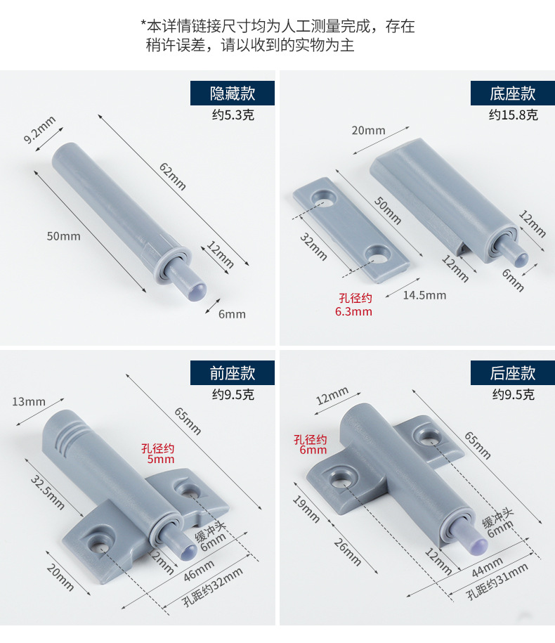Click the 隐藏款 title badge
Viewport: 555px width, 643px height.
[233, 93]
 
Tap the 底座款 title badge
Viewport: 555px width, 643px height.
[512, 93]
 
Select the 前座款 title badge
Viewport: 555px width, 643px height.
[233, 372]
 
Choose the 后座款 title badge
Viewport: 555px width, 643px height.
[512, 372]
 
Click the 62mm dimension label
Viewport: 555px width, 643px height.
[172, 177]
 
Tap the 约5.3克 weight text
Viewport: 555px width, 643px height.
[233, 115]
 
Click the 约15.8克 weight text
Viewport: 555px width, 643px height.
[512, 115]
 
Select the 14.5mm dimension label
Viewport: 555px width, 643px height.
[424, 295]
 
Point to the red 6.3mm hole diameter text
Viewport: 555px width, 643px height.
[353, 311]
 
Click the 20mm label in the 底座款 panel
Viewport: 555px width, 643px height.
[368, 130]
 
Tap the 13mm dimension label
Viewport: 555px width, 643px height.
[29, 402]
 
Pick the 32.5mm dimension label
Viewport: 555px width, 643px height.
[47, 492]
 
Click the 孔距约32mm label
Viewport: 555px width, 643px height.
[212, 588]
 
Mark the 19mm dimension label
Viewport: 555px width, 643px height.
[308, 509]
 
